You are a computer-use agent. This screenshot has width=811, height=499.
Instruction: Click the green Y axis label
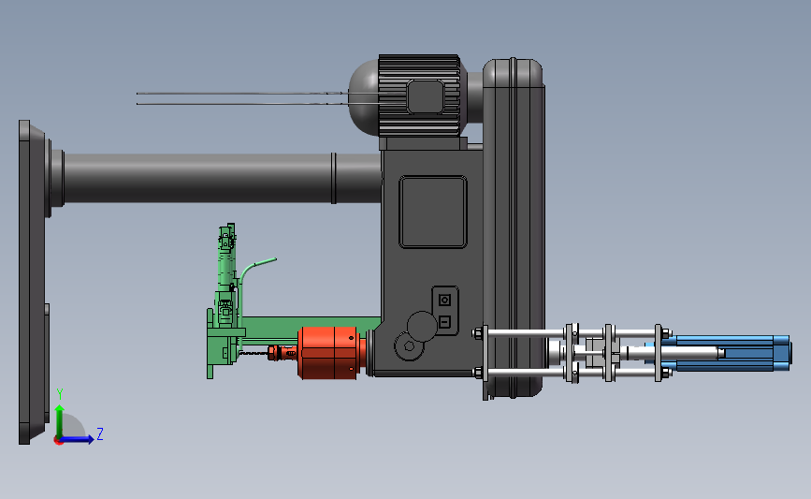pyautogui.click(x=60, y=394)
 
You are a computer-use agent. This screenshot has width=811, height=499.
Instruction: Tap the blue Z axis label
pyautogui.click(x=100, y=433)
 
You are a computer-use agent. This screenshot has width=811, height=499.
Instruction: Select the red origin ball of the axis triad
pyautogui.click(x=59, y=441)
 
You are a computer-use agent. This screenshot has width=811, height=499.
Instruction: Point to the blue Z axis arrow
pyautogui.click(x=78, y=439)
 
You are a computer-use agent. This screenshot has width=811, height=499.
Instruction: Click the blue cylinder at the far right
pyautogui.click(x=724, y=353)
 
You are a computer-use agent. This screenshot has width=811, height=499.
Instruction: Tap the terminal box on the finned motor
pyautogui.click(x=426, y=96)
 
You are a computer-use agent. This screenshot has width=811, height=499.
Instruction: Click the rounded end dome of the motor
pyautogui.click(x=364, y=97)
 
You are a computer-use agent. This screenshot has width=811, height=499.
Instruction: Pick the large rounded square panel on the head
pyautogui.click(x=433, y=213)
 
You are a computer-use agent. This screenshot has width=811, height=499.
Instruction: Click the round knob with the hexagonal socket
pyautogui.click(x=409, y=346)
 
